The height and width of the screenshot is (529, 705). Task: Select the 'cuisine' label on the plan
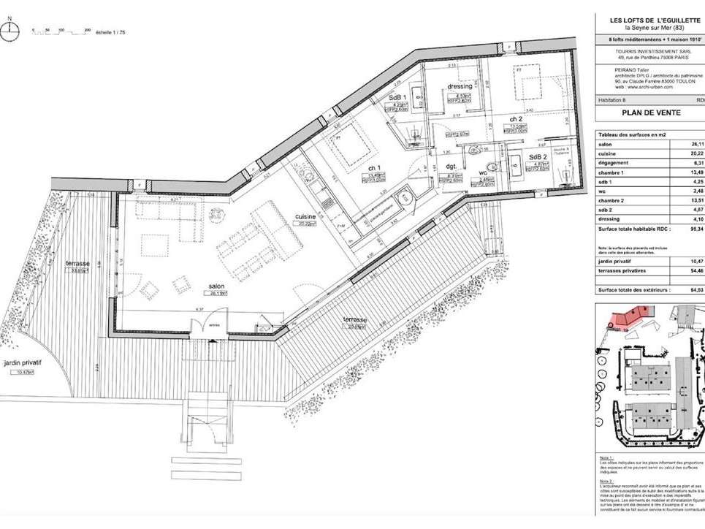[305, 217]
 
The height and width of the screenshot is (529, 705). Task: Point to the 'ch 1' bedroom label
[374, 167]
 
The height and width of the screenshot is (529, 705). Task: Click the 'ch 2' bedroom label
[516, 118]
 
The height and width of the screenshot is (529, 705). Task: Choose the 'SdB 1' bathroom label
[397, 97]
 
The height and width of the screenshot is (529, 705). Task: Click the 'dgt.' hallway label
[451, 167]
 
